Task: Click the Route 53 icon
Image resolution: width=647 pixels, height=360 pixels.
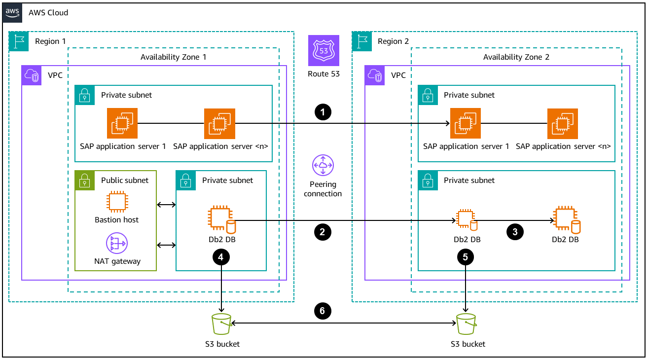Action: pyautogui.click(x=323, y=50)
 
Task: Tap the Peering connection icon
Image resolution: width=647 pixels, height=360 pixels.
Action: pyautogui.click(x=323, y=166)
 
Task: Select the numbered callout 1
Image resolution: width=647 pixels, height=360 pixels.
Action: pyautogui.click(x=323, y=112)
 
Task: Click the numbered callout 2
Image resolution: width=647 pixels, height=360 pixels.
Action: pyautogui.click(x=323, y=232)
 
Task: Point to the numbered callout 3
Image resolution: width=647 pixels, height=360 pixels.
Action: pyautogui.click(x=515, y=232)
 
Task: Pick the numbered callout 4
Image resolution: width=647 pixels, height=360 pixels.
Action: pyautogui.click(x=221, y=256)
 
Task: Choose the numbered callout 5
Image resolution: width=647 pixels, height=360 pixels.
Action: pyautogui.click(x=466, y=256)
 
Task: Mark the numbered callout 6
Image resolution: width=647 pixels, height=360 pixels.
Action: pyautogui.click(x=323, y=311)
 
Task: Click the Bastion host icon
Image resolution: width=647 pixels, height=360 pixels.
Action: pyautogui.click(x=117, y=202)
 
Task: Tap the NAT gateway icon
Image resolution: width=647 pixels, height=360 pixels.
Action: pyautogui.click(x=117, y=244)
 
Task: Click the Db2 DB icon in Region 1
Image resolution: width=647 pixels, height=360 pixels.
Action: pyautogui.click(x=221, y=220)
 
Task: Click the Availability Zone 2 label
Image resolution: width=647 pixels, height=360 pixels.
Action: pyautogui.click(x=516, y=57)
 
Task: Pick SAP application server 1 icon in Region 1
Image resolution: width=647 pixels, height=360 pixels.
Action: pyautogui.click(x=122, y=124)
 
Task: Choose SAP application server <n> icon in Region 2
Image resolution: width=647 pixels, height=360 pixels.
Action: pyautogui.click(x=563, y=124)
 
